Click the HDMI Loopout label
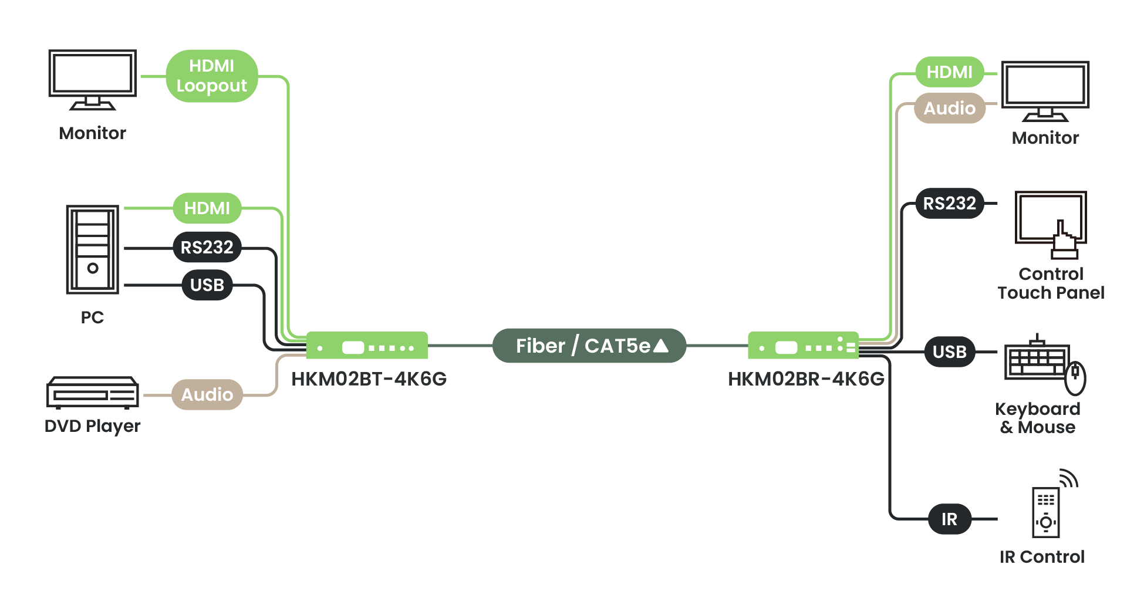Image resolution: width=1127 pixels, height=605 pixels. [212, 76]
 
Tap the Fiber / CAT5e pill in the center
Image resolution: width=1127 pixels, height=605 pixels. [589, 346]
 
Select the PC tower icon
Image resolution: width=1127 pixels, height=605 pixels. [93, 249]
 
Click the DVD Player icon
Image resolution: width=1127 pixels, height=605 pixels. [93, 392]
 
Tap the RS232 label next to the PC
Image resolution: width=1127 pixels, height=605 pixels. [207, 247]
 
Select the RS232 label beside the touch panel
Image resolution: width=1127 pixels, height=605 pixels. [949, 203]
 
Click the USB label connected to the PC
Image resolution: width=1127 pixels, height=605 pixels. [207, 285]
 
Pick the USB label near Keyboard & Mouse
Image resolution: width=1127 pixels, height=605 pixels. [949, 351]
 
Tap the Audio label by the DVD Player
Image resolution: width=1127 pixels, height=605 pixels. [207, 394]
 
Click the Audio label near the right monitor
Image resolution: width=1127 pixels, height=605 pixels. [949, 108]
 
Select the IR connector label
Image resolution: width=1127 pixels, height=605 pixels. [949, 519]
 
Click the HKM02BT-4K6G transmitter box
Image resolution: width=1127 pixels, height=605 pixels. [367, 346]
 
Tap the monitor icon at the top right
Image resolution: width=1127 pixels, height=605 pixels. [1045, 90]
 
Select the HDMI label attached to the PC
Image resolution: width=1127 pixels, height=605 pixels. [207, 208]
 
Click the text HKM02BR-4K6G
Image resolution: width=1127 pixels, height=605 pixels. [806, 379]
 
